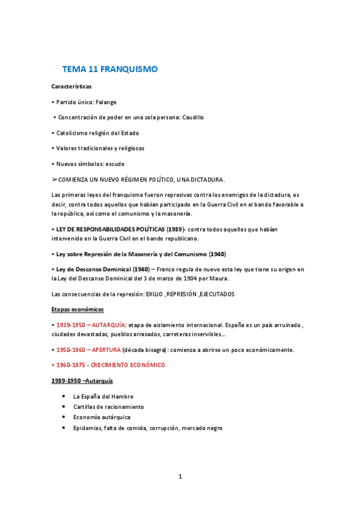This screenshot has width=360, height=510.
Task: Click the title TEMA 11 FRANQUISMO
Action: [109, 69]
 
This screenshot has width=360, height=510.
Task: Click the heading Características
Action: [72, 87]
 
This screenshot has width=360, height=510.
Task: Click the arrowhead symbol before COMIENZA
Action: [55, 179]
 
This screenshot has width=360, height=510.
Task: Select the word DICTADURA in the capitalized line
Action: [206, 179]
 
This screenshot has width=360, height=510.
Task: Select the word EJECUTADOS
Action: [215, 294]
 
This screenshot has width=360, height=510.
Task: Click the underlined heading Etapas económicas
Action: [78, 309]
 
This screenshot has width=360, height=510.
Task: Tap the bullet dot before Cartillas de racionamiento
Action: [64, 407]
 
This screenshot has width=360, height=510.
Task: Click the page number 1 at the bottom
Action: [180, 477]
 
